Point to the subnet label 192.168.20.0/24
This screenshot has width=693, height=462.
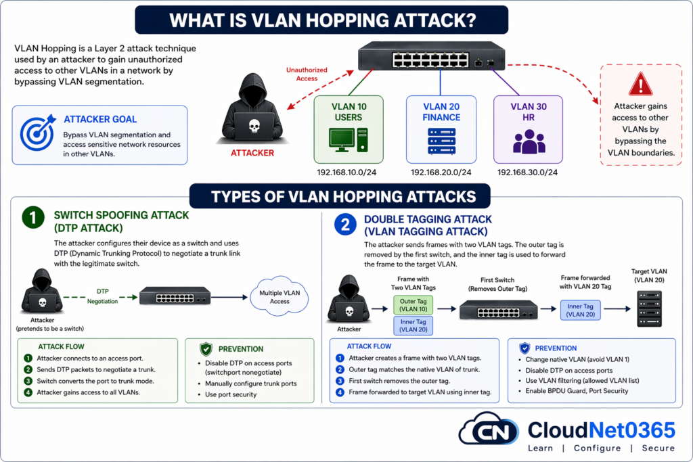point(441,172)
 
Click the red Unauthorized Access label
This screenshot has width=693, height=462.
point(309,74)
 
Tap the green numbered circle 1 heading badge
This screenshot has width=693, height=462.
point(32,218)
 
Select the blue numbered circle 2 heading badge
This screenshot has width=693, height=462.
point(344,225)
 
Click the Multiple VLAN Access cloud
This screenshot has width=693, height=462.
point(280,296)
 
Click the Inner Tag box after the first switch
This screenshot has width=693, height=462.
point(581,310)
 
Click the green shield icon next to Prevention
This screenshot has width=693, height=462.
point(206,349)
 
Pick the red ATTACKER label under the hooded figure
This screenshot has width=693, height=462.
point(252,153)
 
